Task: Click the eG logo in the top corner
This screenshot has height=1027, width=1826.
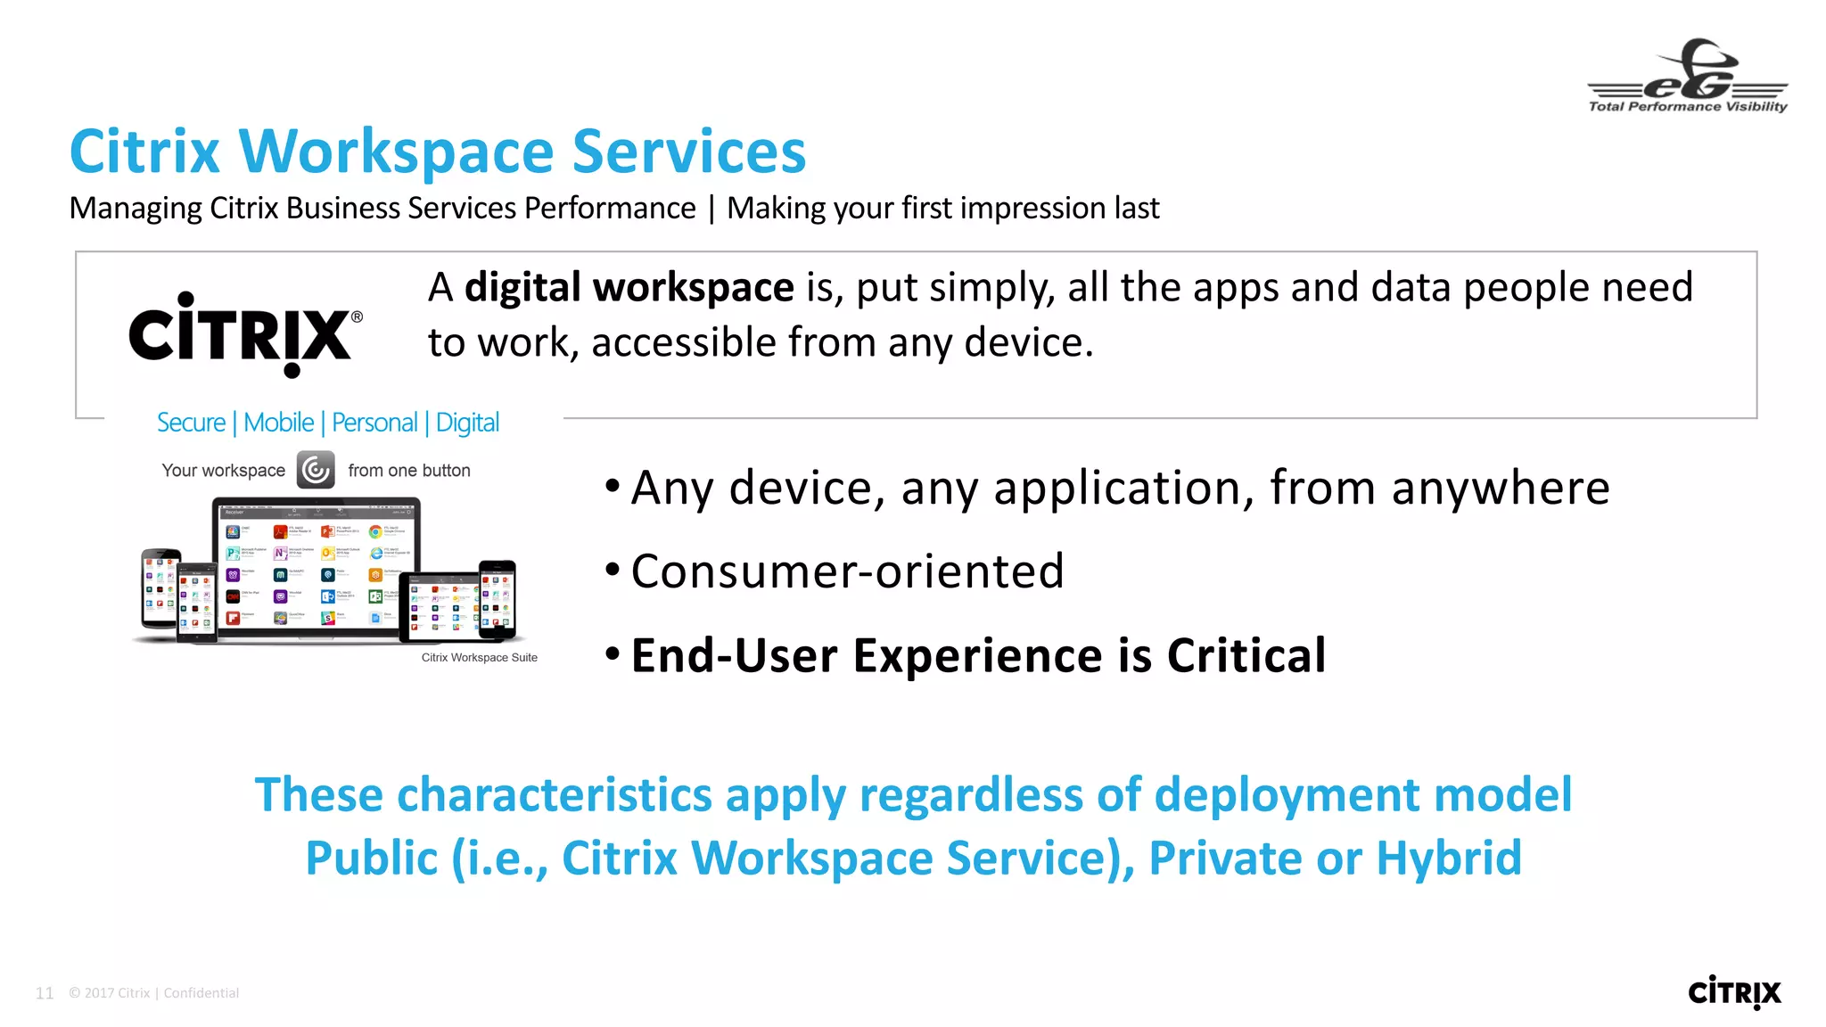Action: pos(1687,76)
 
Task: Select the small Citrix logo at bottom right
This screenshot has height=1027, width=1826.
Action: pos(1733,992)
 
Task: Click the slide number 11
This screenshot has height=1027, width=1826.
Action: pos(45,993)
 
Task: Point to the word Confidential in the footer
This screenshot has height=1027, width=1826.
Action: pos(201,993)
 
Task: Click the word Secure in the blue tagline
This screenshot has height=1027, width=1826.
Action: pos(191,423)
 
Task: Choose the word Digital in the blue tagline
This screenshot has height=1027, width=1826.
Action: pos(467,423)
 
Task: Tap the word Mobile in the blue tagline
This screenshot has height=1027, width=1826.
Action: pos(278,423)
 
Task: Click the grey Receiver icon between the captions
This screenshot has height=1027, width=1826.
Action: pos(316,470)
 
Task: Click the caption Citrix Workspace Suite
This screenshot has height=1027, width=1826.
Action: pos(479,658)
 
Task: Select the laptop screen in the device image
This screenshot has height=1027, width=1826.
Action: pos(316,571)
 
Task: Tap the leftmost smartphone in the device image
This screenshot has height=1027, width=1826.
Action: pos(160,588)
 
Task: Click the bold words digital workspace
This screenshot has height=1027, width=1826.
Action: pos(629,288)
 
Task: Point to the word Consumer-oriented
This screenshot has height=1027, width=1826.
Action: pos(847,571)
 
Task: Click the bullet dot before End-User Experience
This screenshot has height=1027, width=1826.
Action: pos(612,654)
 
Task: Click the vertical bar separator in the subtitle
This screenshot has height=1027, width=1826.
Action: pos(711,209)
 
